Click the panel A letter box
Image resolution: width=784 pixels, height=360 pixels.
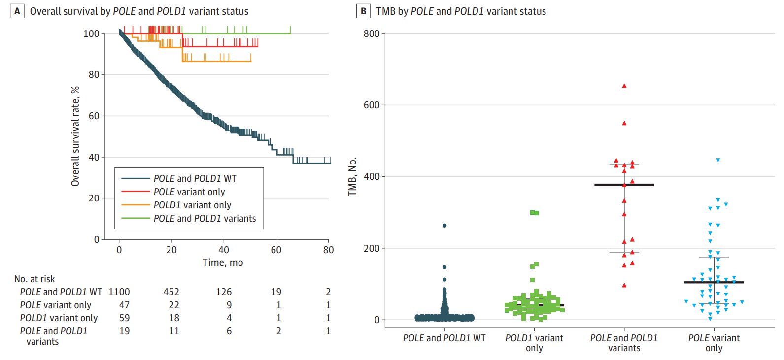(17, 11)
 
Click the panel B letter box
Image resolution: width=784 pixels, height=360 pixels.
(363, 11)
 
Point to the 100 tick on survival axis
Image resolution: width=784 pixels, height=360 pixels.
(91, 34)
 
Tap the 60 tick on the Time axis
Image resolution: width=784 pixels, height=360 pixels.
(276, 250)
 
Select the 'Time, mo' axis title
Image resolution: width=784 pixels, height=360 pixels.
(223, 262)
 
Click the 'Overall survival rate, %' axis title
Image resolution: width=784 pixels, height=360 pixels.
(75, 136)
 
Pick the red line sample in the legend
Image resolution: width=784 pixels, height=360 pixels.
(136, 192)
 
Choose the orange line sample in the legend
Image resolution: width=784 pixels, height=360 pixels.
(136, 205)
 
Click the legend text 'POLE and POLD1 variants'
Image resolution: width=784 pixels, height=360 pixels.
(205, 218)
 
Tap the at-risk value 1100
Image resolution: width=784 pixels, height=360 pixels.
(119, 292)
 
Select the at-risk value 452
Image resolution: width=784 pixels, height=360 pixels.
(171, 292)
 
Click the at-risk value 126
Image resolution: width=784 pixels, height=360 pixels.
(224, 292)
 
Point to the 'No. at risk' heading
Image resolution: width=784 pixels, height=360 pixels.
(34, 279)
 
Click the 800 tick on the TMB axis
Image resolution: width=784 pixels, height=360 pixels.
(372, 34)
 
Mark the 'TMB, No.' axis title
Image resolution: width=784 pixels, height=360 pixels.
(352, 177)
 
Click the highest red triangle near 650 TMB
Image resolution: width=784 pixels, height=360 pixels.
(624, 86)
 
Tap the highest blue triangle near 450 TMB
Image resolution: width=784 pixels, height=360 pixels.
(718, 160)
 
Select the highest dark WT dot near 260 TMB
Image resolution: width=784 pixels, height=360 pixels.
(444, 226)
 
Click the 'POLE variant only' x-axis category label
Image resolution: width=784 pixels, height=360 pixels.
(714, 343)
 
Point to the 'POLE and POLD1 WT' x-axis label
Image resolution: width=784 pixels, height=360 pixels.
(444, 338)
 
